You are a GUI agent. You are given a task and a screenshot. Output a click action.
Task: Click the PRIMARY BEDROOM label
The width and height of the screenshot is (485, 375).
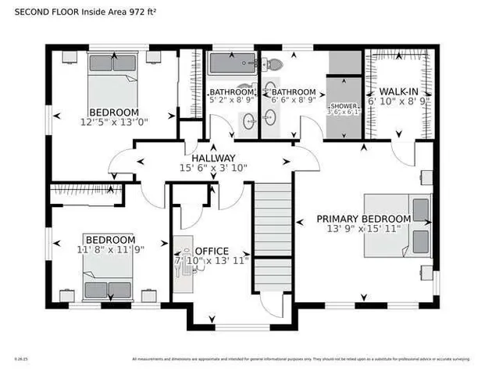coord(363,219)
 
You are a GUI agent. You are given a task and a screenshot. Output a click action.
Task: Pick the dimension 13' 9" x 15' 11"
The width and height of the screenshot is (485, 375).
coord(363,229)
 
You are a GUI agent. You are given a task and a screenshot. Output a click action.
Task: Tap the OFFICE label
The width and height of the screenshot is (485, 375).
coord(211,250)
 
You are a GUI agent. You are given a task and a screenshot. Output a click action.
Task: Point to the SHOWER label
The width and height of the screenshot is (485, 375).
coord(343,105)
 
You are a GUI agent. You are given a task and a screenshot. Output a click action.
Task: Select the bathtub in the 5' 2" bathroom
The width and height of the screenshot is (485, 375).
coord(232,64)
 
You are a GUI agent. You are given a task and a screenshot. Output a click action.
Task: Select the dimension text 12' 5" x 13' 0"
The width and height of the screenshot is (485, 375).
coord(114,122)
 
